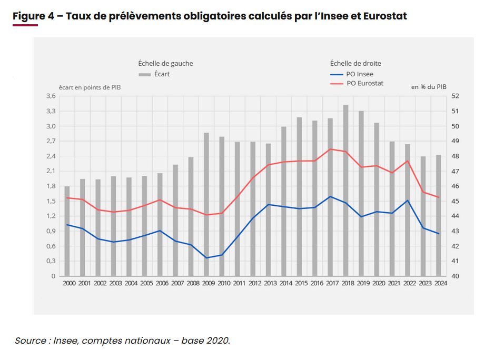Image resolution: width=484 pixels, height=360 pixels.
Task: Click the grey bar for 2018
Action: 346,190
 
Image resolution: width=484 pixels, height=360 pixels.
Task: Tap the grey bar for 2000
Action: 67,231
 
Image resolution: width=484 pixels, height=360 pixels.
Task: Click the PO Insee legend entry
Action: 360,74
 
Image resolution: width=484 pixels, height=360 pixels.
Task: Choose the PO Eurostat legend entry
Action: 364,83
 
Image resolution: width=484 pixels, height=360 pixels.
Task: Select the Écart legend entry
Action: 162,74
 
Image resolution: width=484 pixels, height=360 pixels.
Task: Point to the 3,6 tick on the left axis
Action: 51,96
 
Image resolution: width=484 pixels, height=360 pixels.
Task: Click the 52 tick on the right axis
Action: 456,96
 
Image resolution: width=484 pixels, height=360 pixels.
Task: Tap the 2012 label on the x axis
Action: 254,283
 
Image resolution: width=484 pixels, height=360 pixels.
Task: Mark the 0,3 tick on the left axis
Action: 51,261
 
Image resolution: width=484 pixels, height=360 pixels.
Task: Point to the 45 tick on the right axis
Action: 456,201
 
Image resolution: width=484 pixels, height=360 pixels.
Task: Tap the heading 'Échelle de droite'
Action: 355,63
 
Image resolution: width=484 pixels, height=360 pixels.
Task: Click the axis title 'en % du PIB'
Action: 429,87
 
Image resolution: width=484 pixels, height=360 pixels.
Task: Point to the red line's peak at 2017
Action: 330,149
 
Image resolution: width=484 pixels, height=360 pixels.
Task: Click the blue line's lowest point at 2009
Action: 207,258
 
